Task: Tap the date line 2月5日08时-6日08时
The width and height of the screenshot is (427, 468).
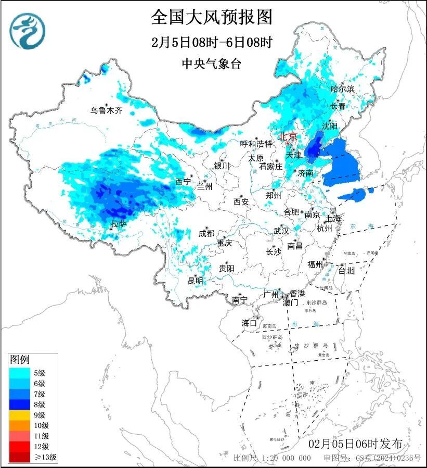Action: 212,42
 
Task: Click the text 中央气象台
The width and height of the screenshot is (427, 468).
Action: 212,64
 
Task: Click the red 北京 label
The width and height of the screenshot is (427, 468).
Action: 288,136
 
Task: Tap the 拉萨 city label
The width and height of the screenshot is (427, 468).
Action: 119,224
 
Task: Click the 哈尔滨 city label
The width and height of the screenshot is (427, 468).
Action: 342,89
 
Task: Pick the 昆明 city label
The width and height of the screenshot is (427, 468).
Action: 196,281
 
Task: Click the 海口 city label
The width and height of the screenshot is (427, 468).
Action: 249,323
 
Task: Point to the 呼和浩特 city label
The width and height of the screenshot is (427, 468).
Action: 256,144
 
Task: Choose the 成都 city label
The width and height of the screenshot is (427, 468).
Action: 206,233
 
